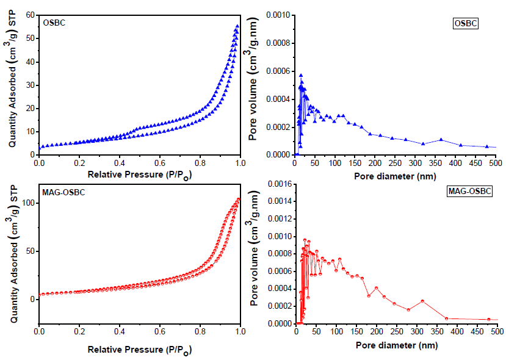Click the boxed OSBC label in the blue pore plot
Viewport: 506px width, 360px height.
pos(466,24)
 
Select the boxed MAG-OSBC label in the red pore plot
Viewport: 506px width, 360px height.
pos(469,192)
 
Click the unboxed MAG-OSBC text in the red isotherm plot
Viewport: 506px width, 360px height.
pos(63,193)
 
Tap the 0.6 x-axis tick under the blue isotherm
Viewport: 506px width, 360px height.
pos(160,163)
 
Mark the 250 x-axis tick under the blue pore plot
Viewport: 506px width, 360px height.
pos(396,163)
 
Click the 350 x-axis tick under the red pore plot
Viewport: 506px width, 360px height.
pos(436,332)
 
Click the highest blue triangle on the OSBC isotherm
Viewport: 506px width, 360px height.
pos(237,26)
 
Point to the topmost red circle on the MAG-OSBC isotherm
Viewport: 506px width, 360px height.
pos(238,199)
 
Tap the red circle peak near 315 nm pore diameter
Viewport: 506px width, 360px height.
pos(422,301)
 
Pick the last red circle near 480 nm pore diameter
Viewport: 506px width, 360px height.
pos(488,319)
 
